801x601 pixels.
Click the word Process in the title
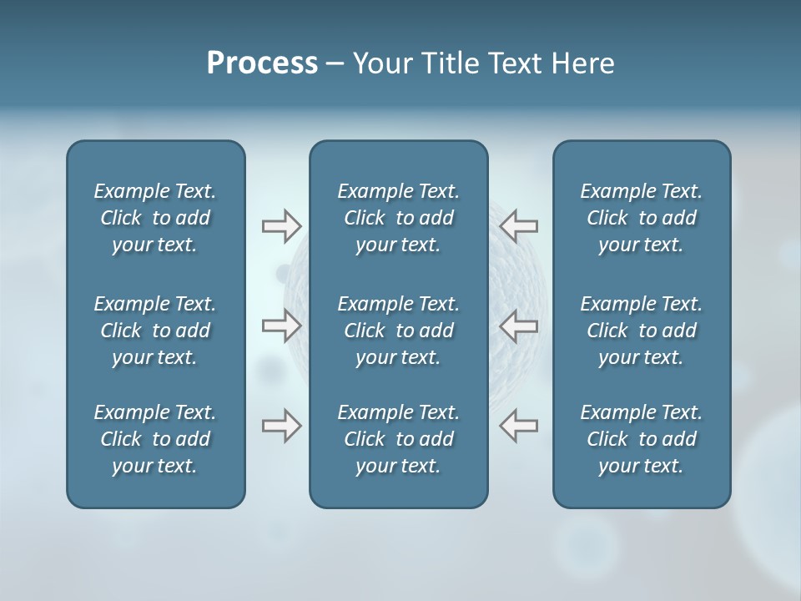pyautogui.click(x=262, y=63)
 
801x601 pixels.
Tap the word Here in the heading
pyautogui.click(x=582, y=63)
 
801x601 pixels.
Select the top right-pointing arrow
pyautogui.click(x=281, y=225)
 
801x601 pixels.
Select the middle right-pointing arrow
pyautogui.click(x=281, y=326)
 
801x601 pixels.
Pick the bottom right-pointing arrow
pyautogui.click(x=281, y=426)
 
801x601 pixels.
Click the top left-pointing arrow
pyautogui.click(x=519, y=225)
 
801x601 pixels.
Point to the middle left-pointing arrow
pyautogui.click(x=519, y=326)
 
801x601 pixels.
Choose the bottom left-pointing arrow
pyautogui.click(x=519, y=426)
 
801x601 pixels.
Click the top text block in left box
pyautogui.click(x=155, y=218)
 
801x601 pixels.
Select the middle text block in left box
pyautogui.click(x=155, y=331)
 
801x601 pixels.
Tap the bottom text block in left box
pyautogui.click(x=155, y=439)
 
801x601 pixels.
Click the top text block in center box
pyautogui.click(x=398, y=218)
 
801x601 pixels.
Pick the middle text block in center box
pyautogui.click(x=398, y=331)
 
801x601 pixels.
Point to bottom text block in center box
pyautogui.click(x=398, y=439)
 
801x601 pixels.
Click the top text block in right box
pyautogui.click(x=641, y=218)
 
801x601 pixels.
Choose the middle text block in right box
pyautogui.click(x=641, y=331)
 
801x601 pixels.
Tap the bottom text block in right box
pyautogui.click(x=641, y=439)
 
